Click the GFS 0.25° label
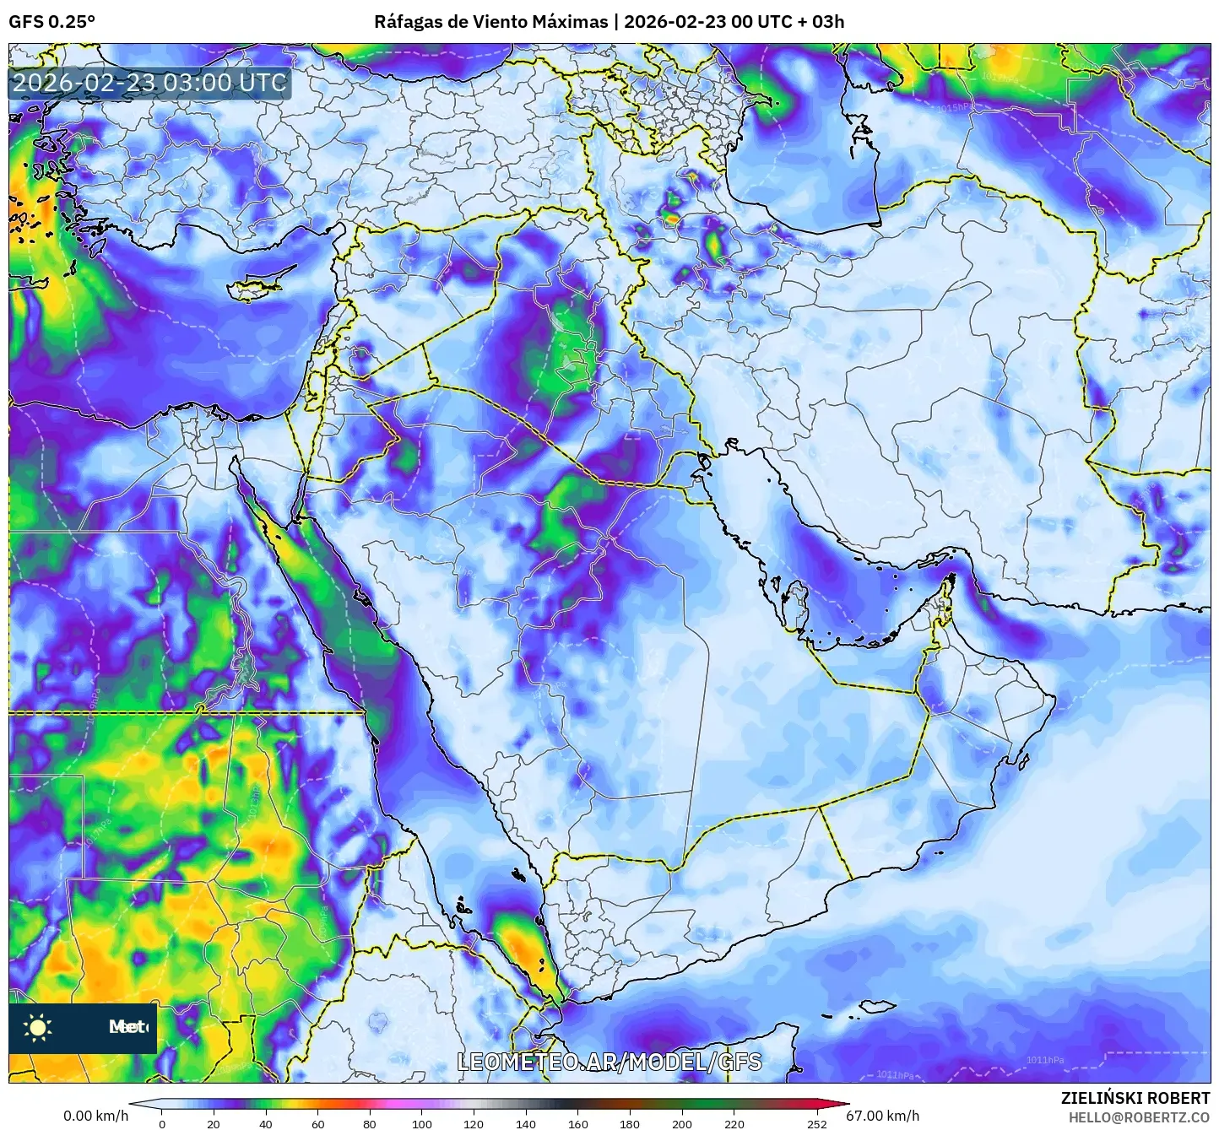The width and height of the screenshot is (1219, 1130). pyautogui.click(x=51, y=22)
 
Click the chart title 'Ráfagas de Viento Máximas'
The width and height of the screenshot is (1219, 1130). pyautogui.click(x=490, y=22)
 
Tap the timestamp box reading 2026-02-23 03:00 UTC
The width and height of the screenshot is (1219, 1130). pyautogui.click(x=149, y=83)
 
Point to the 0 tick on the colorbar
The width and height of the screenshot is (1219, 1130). pyautogui.click(x=162, y=1123)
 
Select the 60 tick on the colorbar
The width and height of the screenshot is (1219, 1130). pyautogui.click(x=317, y=1123)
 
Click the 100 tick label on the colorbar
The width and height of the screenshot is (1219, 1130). pyautogui.click(x=422, y=1123)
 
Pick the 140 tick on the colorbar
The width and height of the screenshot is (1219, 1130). pyautogui.click(x=526, y=1123)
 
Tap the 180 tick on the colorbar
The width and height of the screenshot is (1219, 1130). pyautogui.click(x=630, y=1123)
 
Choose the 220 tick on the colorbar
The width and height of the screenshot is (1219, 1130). pyautogui.click(x=734, y=1123)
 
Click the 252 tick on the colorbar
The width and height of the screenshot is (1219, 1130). pyautogui.click(x=817, y=1123)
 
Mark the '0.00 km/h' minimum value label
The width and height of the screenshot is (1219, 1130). pyautogui.click(x=96, y=1116)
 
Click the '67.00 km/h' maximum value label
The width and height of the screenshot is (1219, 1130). pyautogui.click(x=883, y=1116)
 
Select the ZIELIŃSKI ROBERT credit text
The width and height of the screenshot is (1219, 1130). pyautogui.click(x=1135, y=1098)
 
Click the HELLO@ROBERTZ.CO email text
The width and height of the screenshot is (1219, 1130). pyautogui.click(x=1140, y=1117)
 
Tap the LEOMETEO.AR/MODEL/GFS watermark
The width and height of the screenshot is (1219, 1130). pyautogui.click(x=609, y=1062)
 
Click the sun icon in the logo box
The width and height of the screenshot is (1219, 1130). pyautogui.click(x=38, y=1027)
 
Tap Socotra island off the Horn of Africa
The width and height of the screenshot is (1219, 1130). pyautogui.click(x=879, y=1006)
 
